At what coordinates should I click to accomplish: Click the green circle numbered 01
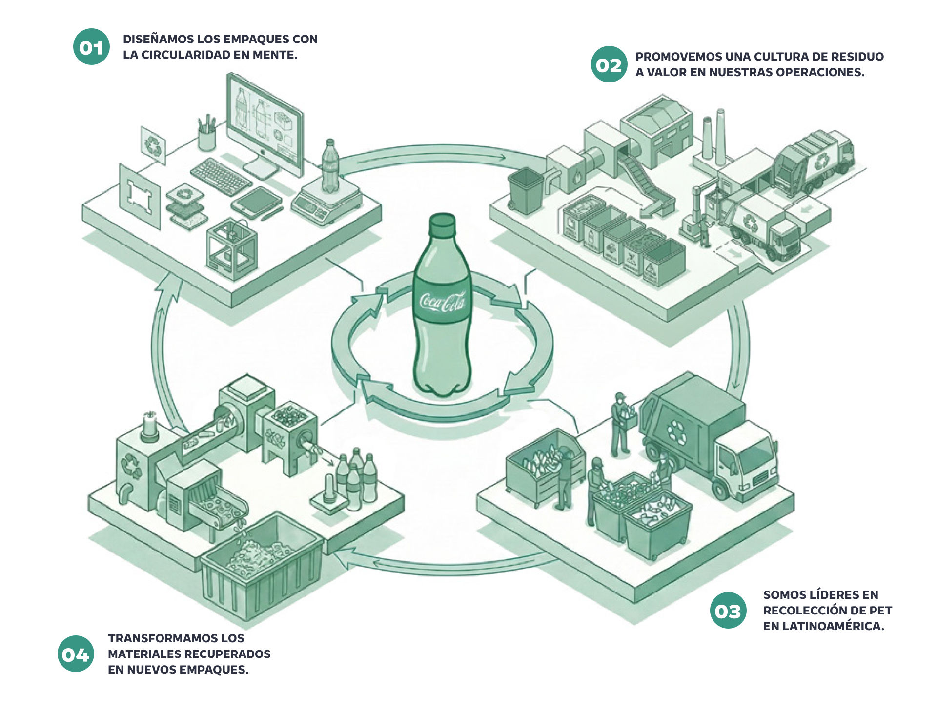[91, 47]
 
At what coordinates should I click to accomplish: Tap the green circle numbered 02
[609, 64]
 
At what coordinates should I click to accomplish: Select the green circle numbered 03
[728, 611]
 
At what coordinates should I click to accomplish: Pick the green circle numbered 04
[76, 654]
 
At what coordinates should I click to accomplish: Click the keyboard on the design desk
[221, 176]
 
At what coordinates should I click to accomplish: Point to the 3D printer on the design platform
[231, 249]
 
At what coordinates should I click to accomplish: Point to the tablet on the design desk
[256, 202]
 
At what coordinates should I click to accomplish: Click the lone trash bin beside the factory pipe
[525, 190]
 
